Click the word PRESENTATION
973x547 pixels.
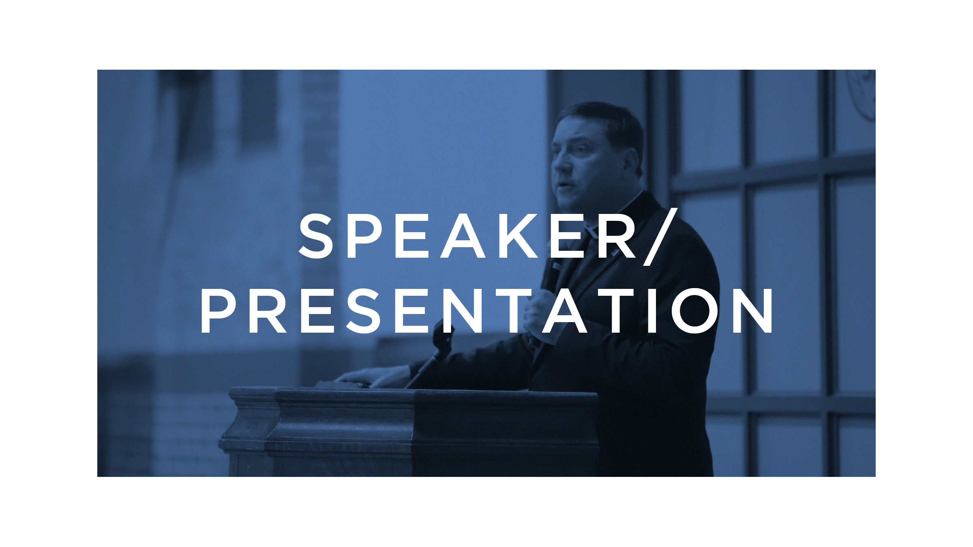coord(487,311)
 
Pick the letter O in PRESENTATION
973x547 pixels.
coord(695,311)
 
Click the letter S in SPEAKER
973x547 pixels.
coord(316,236)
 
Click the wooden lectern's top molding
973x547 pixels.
coord(414,395)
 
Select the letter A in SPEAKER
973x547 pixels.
coord(463,236)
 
